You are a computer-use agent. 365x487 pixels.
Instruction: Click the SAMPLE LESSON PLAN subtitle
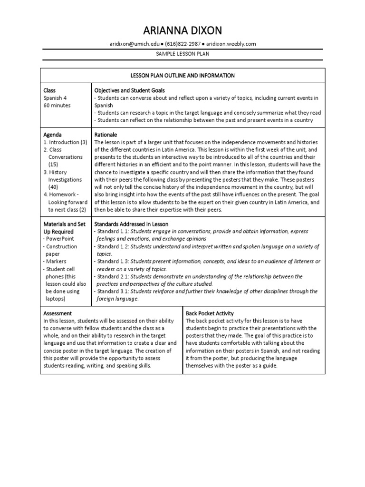click(182, 54)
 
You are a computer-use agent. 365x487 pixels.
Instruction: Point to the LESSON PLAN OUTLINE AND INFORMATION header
click(182, 76)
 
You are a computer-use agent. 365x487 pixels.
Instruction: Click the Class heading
click(49, 90)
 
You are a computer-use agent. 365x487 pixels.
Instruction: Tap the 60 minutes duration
click(57, 106)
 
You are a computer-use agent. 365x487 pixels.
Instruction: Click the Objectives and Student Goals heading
click(130, 90)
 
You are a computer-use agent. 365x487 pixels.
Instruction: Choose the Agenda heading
click(52, 135)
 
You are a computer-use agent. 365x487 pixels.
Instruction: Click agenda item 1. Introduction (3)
click(65, 142)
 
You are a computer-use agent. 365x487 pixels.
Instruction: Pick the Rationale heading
click(106, 135)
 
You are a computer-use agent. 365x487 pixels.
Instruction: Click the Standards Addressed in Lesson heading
click(131, 224)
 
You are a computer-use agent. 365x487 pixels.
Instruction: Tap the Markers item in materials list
click(56, 261)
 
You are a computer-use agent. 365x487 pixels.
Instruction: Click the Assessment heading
click(58, 313)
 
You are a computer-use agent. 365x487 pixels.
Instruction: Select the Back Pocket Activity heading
click(210, 313)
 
